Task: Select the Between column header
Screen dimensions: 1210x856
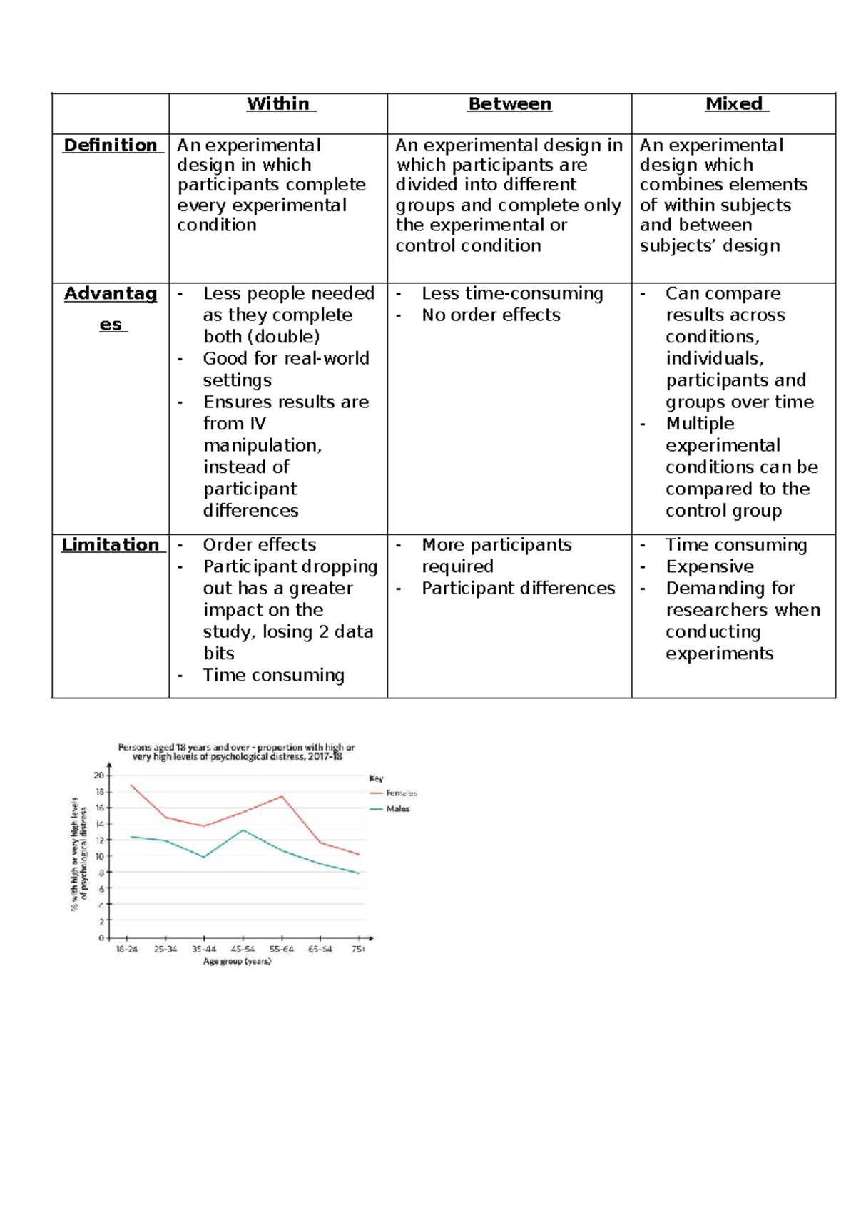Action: click(509, 104)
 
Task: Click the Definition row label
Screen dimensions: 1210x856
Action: click(111, 146)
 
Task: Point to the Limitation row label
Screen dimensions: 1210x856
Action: click(111, 545)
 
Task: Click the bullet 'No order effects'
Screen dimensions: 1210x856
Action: click(491, 315)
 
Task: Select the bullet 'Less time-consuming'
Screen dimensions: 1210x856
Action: click(512, 294)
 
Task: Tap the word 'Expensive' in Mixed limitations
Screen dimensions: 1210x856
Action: click(710, 567)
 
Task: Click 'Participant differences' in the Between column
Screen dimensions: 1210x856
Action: click(518, 589)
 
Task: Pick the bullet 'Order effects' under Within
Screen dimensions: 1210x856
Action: click(259, 545)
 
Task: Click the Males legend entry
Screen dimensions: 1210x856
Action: click(397, 809)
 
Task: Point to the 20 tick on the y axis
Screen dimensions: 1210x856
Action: click(99, 776)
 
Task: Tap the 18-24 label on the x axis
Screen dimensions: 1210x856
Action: click(127, 950)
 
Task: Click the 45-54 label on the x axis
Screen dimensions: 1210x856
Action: click(243, 950)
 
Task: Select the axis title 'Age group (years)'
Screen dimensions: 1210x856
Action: click(237, 962)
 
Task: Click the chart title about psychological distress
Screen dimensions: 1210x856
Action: click(236, 752)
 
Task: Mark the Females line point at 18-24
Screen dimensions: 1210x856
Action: click(131, 785)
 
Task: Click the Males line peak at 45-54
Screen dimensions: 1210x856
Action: click(243, 830)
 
